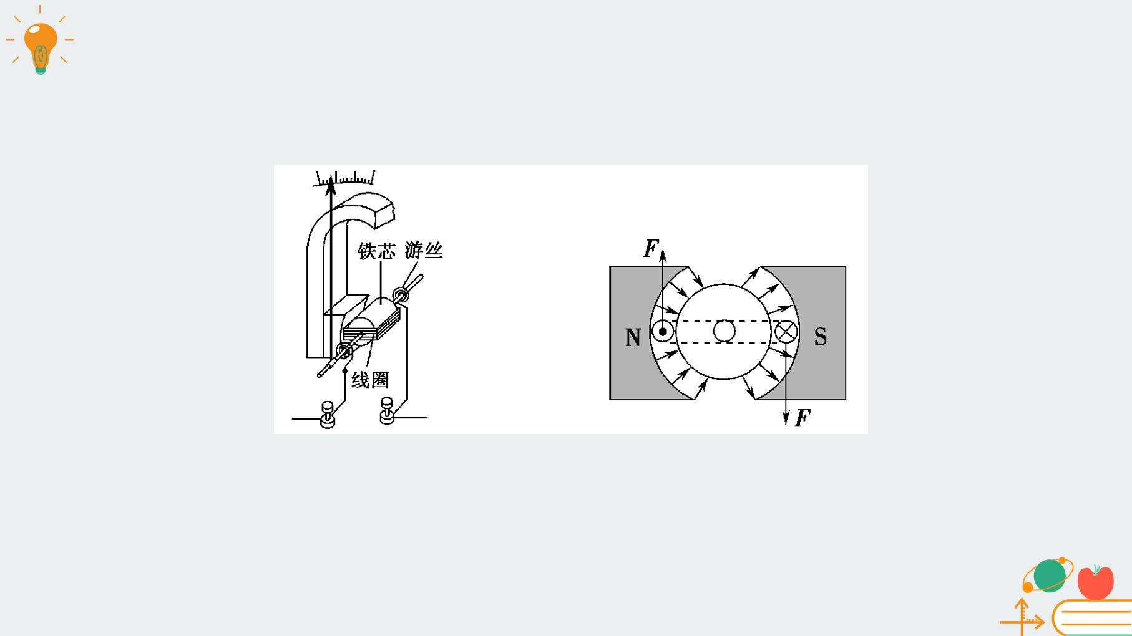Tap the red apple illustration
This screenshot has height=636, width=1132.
pyautogui.click(x=1095, y=582)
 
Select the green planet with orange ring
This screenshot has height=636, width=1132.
pyautogui.click(x=1048, y=575)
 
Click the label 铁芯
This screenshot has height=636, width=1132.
pyautogui.click(x=377, y=251)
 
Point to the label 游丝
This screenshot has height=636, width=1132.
pyautogui.click(x=424, y=250)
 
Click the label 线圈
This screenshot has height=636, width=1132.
pyautogui.click(x=370, y=380)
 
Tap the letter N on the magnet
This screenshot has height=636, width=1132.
pyautogui.click(x=633, y=337)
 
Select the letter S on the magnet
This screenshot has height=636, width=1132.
pyautogui.click(x=821, y=337)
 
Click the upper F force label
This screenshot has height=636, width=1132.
pyautogui.click(x=651, y=248)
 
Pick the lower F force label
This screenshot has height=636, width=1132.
pyautogui.click(x=803, y=418)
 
